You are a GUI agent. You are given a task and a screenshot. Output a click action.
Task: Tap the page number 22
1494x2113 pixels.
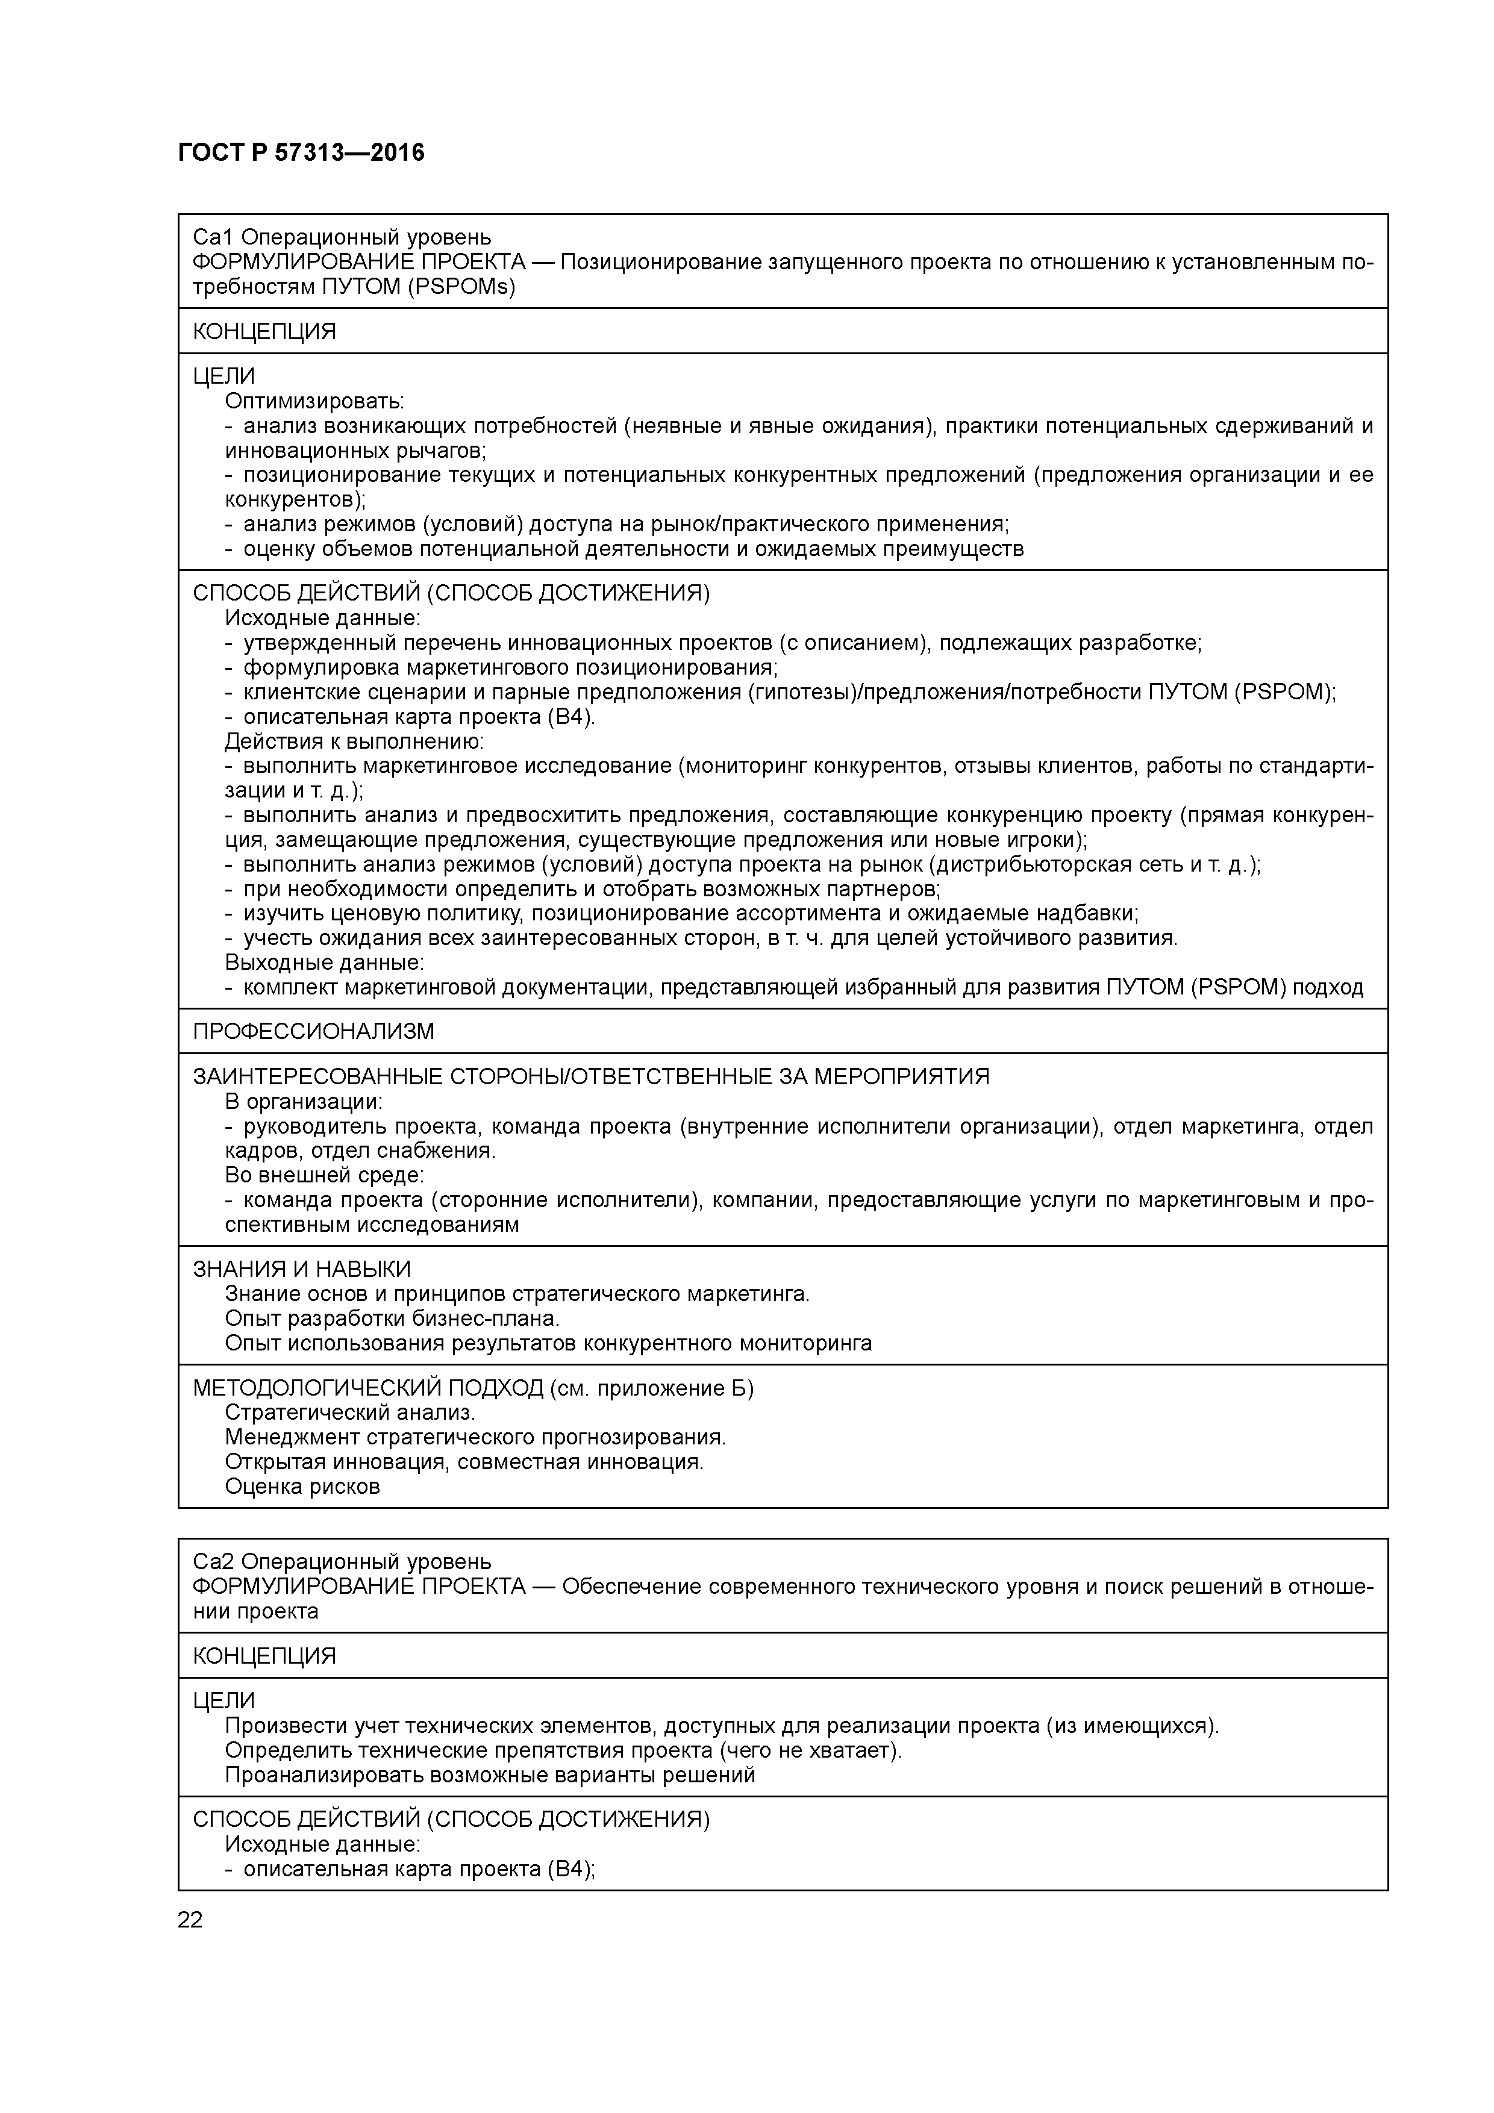[x=190, y=1920]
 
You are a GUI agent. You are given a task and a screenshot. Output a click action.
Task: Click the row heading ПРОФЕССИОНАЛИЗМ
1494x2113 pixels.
[x=313, y=1031]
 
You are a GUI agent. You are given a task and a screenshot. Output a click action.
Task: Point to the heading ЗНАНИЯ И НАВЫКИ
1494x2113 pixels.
[x=301, y=1269]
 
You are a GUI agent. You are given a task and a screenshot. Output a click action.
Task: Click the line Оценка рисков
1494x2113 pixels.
[x=302, y=1487]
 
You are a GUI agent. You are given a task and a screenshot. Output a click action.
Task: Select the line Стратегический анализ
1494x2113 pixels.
[x=350, y=1412]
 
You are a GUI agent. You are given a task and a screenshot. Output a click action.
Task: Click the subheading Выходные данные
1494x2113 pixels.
[x=324, y=963]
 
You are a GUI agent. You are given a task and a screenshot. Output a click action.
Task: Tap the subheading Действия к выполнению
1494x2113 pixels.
[x=354, y=741]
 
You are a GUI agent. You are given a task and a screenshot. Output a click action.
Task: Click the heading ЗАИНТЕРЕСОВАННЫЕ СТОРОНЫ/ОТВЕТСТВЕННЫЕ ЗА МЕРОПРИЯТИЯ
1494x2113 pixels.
[x=590, y=1077]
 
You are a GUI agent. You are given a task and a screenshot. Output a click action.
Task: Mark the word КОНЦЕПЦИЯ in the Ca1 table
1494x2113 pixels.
[x=264, y=331]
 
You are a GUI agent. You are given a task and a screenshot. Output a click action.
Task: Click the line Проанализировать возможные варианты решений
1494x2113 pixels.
[x=490, y=1775]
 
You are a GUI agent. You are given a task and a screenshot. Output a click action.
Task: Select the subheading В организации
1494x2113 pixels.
[x=303, y=1102]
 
